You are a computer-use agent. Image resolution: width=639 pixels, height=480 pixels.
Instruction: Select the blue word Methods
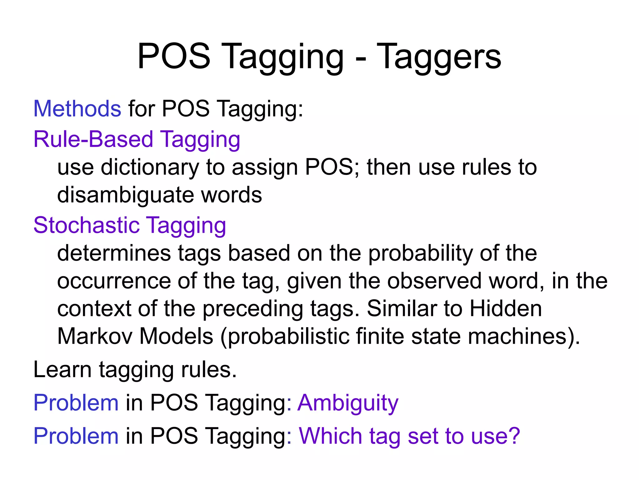click(x=77, y=109)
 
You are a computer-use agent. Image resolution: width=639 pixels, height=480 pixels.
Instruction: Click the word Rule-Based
click(x=93, y=139)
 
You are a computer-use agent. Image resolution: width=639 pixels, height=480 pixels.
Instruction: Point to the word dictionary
click(x=150, y=167)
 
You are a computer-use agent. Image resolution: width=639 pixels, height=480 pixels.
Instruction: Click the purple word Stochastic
click(x=86, y=225)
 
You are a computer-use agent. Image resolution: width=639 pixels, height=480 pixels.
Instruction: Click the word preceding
click(x=253, y=309)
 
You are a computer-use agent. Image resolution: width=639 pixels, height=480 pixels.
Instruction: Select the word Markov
click(x=95, y=336)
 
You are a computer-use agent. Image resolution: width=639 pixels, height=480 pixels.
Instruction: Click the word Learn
click(x=62, y=370)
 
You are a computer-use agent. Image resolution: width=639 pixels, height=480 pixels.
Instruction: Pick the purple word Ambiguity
click(x=348, y=403)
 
